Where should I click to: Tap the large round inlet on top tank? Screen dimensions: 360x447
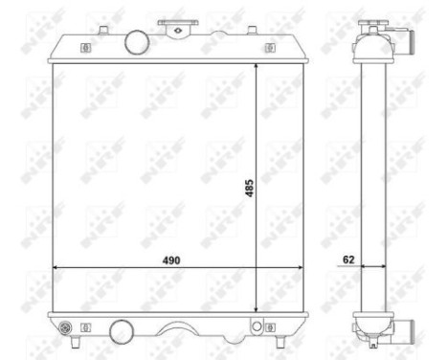[x=137, y=42]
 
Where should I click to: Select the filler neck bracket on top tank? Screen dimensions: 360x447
[x=174, y=27]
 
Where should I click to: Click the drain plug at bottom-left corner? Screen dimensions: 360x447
[x=65, y=329]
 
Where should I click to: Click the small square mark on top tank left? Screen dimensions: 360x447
[x=85, y=47]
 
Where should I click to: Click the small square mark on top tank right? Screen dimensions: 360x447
[x=266, y=47]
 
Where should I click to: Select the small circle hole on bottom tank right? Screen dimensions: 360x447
[x=257, y=327]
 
